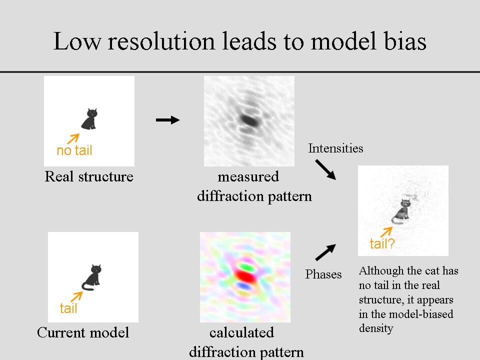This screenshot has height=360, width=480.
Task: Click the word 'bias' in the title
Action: [x=403, y=40]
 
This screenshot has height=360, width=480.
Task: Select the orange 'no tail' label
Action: [x=74, y=150]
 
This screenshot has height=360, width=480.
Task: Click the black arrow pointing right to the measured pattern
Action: [x=167, y=120]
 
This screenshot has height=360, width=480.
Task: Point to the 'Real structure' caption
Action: [x=89, y=176]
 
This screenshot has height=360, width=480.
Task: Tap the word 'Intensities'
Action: [x=335, y=148]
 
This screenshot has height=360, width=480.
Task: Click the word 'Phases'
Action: [x=323, y=274]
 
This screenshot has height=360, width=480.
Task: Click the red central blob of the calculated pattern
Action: [x=245, y=275]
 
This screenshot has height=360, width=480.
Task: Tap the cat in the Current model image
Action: [x=93, y=276]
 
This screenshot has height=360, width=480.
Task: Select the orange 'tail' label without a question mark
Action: [x=68, y=308]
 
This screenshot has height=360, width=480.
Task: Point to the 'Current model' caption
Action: [x=83, y=332]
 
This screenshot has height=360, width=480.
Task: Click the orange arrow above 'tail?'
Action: [x=386, y=231]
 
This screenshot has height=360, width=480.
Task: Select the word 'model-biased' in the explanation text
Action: [x=424, y=314]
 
